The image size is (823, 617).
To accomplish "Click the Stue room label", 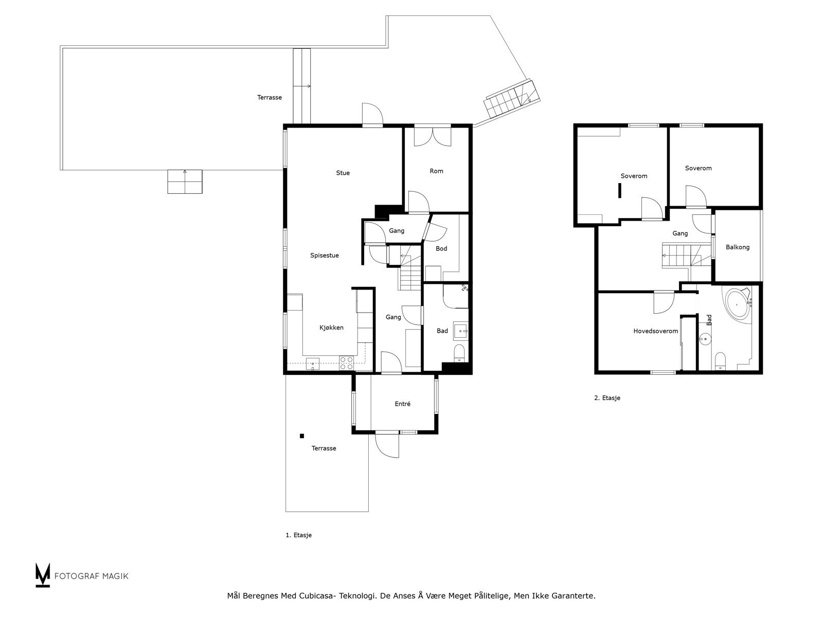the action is pos(343,173).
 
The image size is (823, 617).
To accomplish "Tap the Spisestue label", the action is pos(325,256).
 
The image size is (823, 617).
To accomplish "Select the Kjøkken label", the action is pos(331,328).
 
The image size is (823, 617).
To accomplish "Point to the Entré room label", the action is pos(402,404).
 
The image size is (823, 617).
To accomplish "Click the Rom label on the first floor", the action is pos(436,171).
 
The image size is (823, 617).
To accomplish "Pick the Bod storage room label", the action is pos(441,248).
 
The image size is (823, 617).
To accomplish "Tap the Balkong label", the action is pos(738,247).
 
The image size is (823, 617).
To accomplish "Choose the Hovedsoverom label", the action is pos(655,331).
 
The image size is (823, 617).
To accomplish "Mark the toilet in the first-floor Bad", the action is pos(459,353).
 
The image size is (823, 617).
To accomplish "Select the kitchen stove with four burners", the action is pos(347,363).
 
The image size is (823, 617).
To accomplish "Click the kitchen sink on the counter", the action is pos(313,364).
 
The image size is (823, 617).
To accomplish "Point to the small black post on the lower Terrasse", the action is pos(302,435).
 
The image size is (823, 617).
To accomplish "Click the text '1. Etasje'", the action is pos(298,535).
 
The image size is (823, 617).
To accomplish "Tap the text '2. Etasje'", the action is pos(607,398).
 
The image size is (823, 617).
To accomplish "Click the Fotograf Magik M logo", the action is pos(42,575).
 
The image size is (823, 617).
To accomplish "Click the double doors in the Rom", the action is pos(432,137).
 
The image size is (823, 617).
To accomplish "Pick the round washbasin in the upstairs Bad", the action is pos(705,339).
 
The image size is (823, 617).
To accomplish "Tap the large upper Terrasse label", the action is pos(269,97).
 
